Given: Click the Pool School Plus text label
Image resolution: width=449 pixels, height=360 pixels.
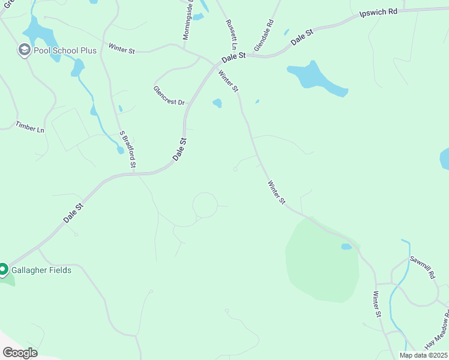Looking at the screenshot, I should tap(65, 50).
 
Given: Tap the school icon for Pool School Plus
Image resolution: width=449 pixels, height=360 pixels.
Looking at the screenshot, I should tap(24, 50).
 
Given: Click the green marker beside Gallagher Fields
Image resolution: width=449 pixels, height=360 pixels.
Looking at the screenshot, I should tap(3, 270).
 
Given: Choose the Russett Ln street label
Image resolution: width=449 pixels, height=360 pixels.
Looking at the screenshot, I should tap(231, 34).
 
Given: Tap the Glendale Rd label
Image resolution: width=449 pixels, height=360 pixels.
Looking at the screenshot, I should tap(264, 35).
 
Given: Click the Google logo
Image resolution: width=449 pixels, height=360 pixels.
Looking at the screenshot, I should tap(19, 352).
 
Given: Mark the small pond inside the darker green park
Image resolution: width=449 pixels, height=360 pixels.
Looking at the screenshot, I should tap(346, 247).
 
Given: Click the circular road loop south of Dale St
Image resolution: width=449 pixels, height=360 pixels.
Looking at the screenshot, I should tap(205, 205).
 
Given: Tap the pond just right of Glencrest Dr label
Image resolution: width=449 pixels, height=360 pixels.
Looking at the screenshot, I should tap(217, 103).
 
